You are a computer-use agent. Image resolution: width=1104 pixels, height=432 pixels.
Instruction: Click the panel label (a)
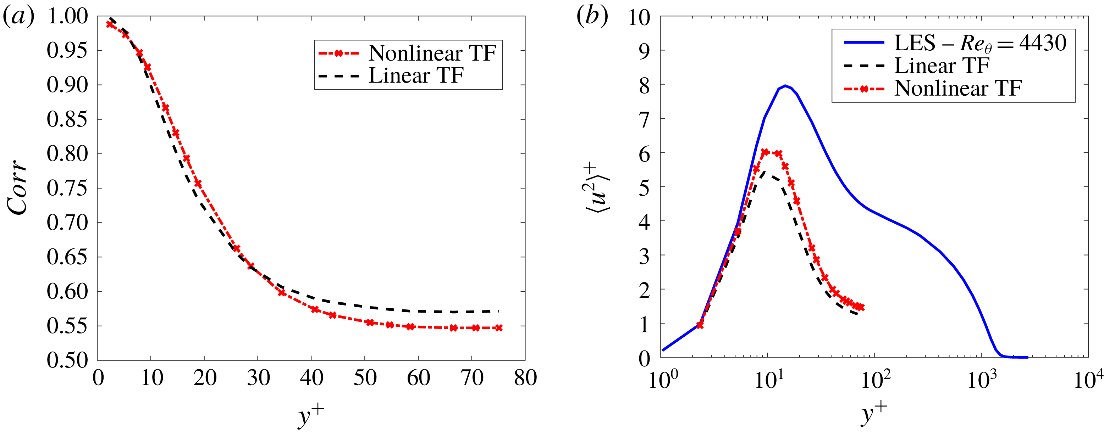[18, 17]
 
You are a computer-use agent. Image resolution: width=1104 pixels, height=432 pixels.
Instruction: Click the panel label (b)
[592, 17]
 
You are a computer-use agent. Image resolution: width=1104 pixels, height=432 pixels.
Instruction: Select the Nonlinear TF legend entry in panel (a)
[432, 54]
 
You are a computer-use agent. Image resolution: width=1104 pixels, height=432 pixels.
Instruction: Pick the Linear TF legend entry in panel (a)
[416, 76]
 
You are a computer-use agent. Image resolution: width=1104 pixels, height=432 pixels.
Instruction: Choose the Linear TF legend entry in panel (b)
[942, 66]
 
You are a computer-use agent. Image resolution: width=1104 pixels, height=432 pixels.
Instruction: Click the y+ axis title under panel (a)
[311, 414]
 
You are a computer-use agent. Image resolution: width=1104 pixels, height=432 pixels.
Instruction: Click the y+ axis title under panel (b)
[874, 413]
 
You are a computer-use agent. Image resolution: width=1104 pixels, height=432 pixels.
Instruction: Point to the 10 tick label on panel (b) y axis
[639, 18]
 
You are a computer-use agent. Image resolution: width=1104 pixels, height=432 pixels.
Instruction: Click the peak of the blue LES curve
[785, 86]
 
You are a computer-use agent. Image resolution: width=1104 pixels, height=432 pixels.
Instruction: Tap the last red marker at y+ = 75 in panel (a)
[498, 328]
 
